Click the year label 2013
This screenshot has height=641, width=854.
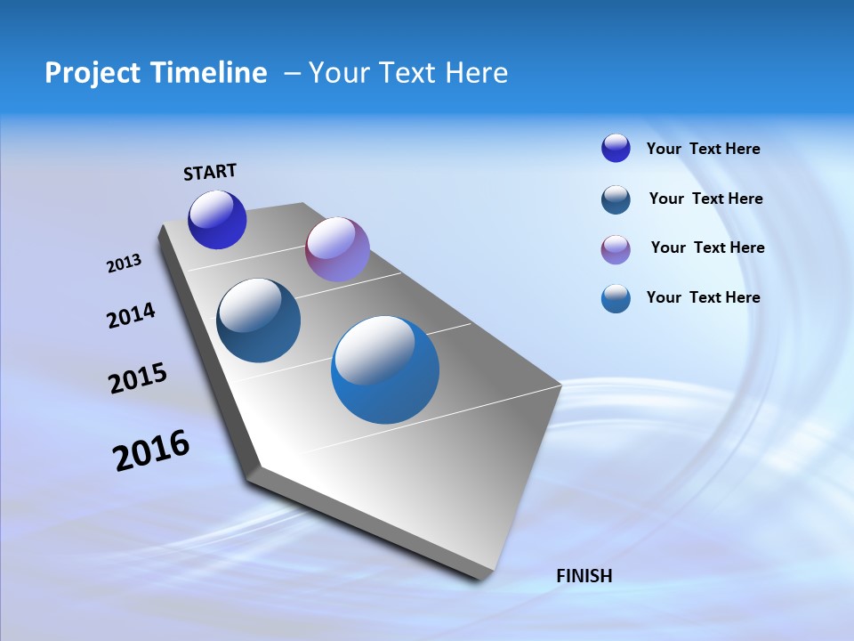pos(124,264)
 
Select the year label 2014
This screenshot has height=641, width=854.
pos(131,316)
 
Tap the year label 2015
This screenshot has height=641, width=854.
pos(138,378)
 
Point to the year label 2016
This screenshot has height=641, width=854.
pos(151,450)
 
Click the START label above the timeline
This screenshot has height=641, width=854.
pos(210,172)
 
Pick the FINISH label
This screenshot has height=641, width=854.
pos(584,576)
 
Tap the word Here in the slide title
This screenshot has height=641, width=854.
pos(475,73)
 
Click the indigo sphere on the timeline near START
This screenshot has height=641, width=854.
pos(217,220)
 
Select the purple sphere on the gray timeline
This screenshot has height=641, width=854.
pos(337,249)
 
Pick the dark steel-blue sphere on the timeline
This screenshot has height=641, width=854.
pos(259,320)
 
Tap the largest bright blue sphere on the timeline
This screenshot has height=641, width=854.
pos(385,369)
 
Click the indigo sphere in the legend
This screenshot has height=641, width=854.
pos(616,149)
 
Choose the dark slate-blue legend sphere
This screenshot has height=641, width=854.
pos(616,199)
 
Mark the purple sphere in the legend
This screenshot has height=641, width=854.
pos(616,249)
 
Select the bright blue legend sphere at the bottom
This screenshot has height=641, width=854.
pos(616,298)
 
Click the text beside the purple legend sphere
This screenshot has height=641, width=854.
pos(707,247)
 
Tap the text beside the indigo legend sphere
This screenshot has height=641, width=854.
pos(703,149)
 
